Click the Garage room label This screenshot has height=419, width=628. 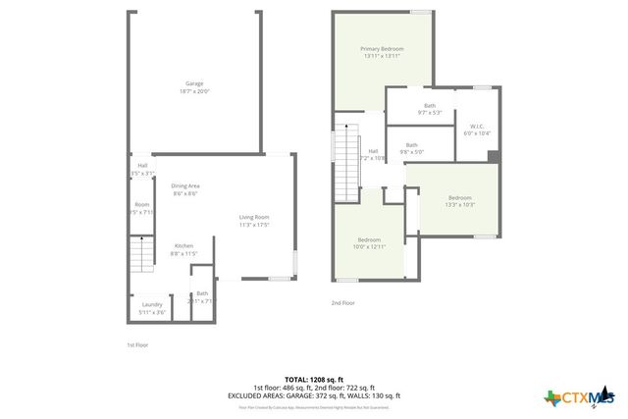click(194, 83)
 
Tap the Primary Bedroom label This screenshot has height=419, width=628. click(382, 49)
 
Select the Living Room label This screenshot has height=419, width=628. click(254, 217)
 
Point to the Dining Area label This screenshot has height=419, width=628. click(185, 185)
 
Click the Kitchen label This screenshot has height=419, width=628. click(183, 245)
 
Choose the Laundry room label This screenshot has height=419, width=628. click(152, 304)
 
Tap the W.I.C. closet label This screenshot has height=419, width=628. click(478, 126)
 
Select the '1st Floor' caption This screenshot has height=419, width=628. click(136, 345)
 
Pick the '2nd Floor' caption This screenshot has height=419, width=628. click(341, 303)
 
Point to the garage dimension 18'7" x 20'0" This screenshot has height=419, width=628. click(194, 91)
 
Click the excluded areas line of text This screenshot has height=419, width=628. click(313, 394)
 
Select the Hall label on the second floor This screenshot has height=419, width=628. click(373, 150)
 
